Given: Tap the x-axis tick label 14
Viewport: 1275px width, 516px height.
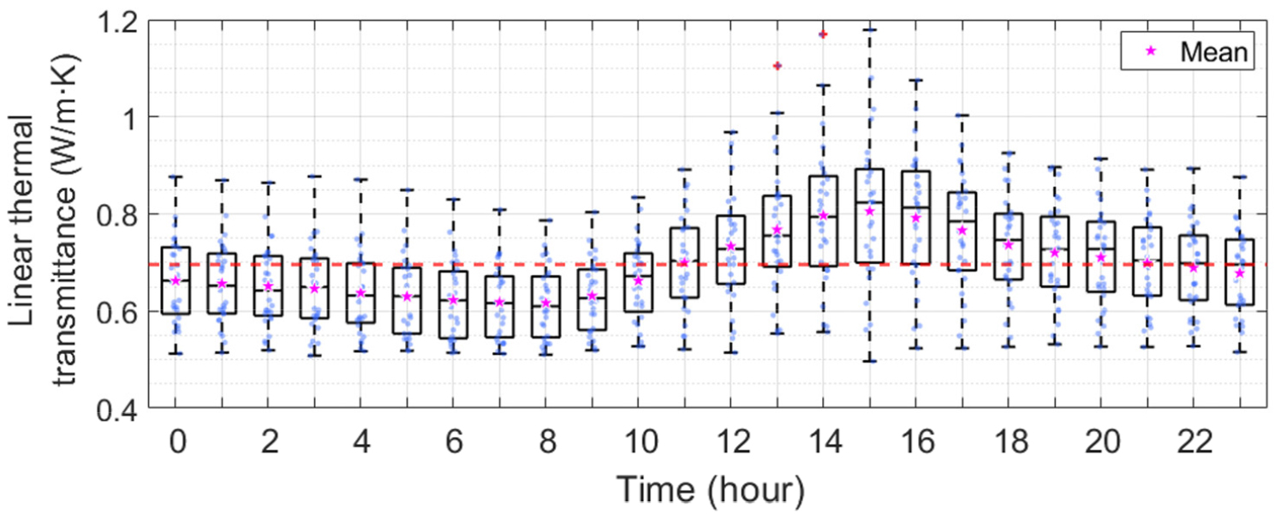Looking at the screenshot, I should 823,444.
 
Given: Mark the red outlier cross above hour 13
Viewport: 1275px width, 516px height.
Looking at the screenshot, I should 777,66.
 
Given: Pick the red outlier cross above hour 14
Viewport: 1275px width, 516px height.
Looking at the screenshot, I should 823,34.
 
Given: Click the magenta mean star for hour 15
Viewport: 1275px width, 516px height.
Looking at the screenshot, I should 869,211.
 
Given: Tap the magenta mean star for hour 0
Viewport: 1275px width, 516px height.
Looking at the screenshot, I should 176,280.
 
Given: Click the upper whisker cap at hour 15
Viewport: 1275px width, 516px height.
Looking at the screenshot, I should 869,29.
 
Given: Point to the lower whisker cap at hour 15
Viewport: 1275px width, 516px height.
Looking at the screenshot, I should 869,361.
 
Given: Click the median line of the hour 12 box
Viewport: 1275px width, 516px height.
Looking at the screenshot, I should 730,249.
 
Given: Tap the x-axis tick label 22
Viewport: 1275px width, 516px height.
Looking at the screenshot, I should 1194,444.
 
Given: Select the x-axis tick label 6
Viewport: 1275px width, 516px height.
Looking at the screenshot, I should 453,444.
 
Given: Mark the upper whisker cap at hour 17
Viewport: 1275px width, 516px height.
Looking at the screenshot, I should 962,115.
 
